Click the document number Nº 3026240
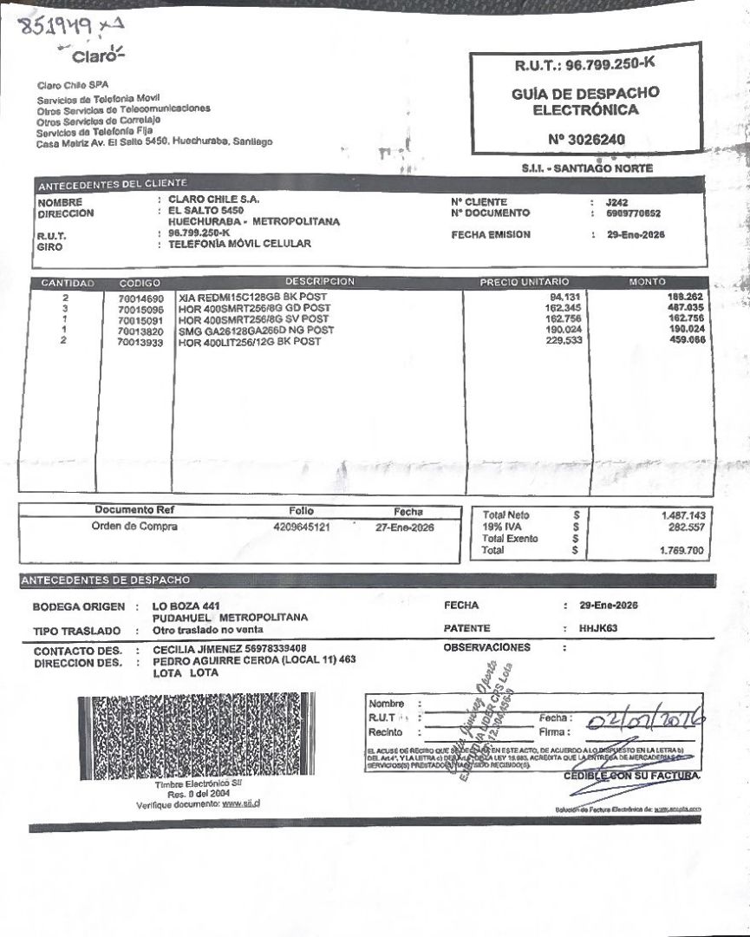[x=587, y=139]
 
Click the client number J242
[x=618, y=201]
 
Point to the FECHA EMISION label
[x=491, y=235]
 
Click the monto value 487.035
[x=684, y=308]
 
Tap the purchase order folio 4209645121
[x=301, y=527]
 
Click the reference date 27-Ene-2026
[x=406, y=527]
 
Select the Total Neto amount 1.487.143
[x=682, y=515]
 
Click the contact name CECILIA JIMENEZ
[x=195, y=649]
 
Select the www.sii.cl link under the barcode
[x=242, y=803]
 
